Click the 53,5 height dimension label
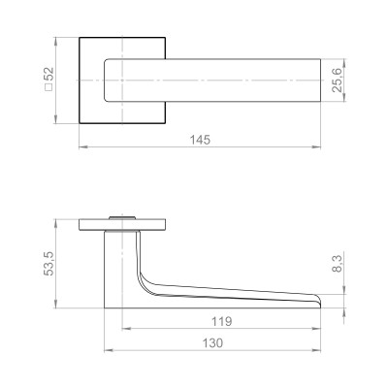[47, 262]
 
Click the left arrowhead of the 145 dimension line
[81, 147]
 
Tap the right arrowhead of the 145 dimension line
[318, 147]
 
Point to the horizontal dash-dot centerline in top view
[233, 80]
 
